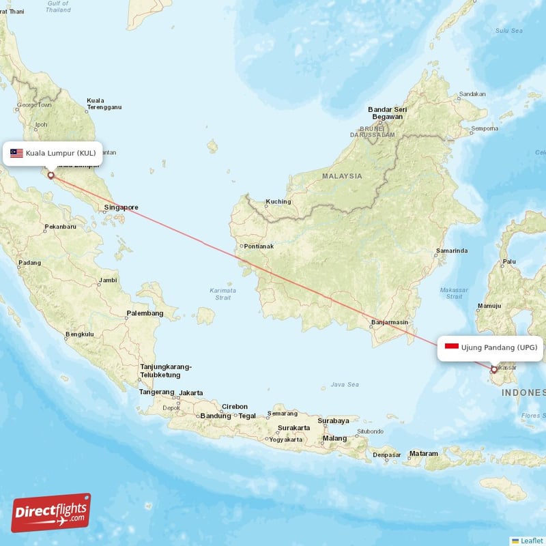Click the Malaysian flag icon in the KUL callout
16,153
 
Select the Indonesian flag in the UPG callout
451,347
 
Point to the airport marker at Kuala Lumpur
51,175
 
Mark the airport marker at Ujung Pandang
494,370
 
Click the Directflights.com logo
51,513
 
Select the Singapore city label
121,207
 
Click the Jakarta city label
191,393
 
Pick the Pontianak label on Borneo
259,246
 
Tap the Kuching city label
278,201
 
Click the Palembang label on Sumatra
145,313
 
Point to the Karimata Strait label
222,293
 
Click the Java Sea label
344,385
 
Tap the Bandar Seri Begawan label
387,113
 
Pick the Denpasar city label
387,455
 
